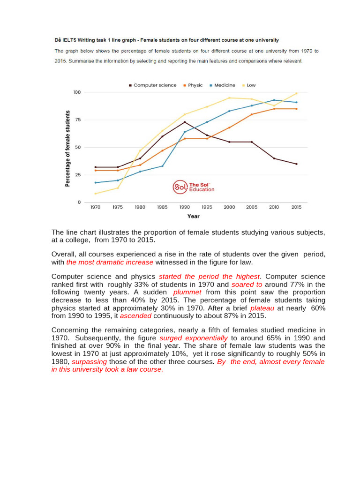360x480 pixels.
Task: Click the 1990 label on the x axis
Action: [x=184, y=207]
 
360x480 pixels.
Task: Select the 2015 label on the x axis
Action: [x=296, y=207]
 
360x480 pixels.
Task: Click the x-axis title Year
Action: [x=193, y=216]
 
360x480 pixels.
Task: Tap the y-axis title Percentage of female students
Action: [x=67, y=149]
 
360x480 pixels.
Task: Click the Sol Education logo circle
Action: [x=180, y=187]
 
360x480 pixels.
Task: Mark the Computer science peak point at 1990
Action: [x=184, y=122]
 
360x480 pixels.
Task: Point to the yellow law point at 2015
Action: [x=296, y=93]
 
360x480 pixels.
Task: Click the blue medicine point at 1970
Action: [x=95, y=183]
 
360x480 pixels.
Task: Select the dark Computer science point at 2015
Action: [x=296, y=164]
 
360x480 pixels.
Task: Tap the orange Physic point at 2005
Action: [x=251, y=114]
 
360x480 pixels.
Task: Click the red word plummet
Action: [x=187, y=292]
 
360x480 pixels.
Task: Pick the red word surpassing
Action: [x=89, y=362]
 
